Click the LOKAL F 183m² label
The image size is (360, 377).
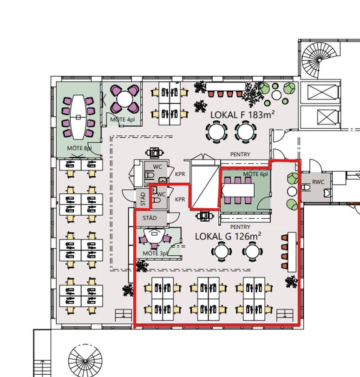(x=242, y=115)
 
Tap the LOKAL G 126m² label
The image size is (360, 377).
(x=228, y=236)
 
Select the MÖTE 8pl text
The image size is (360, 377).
(x=79, y=148)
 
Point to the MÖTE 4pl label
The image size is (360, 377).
(x=122, y=119)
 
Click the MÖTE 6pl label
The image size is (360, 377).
(x=255, y=174)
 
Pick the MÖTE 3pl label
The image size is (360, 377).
(x=155, y=253)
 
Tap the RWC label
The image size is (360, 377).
(x=318, y=182)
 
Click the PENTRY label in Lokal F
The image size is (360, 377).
(x=240, y=154)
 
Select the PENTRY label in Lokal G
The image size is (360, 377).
(x=240, y=227)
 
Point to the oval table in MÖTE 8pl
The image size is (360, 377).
(x=78, y=117)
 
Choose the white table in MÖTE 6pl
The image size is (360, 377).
(x=238, y=190)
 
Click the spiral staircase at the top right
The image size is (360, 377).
(x=320, y=60)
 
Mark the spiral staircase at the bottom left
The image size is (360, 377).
(x=85, y=361)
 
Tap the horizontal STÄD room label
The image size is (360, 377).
(x=150, y=218)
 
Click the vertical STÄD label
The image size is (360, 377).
(x=143, y=199)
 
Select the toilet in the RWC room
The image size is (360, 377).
(x=306, y=187)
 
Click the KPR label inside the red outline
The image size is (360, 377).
(x=180, y=199)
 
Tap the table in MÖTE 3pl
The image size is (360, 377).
(x=154, y=235)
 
